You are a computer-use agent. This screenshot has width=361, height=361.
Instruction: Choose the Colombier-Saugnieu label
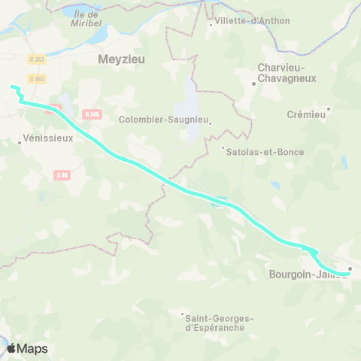click(163, 119)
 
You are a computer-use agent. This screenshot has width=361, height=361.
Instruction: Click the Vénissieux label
click(47, 138)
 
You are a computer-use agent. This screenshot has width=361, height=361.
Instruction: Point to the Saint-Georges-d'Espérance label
click(219, 323)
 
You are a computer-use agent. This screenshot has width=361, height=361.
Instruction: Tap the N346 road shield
click(93, 114)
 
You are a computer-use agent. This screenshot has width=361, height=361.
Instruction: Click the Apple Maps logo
click(26, 348)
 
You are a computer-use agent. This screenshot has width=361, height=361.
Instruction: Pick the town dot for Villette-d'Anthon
click(210, 25)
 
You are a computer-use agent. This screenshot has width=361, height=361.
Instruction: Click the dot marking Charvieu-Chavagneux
click(254, 83)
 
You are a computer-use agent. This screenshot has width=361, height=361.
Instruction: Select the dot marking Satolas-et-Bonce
click(223, 147)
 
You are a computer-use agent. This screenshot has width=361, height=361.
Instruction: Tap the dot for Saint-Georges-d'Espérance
click(182, 314)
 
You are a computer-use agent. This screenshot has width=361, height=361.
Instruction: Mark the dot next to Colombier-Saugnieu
click(211, 123)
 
